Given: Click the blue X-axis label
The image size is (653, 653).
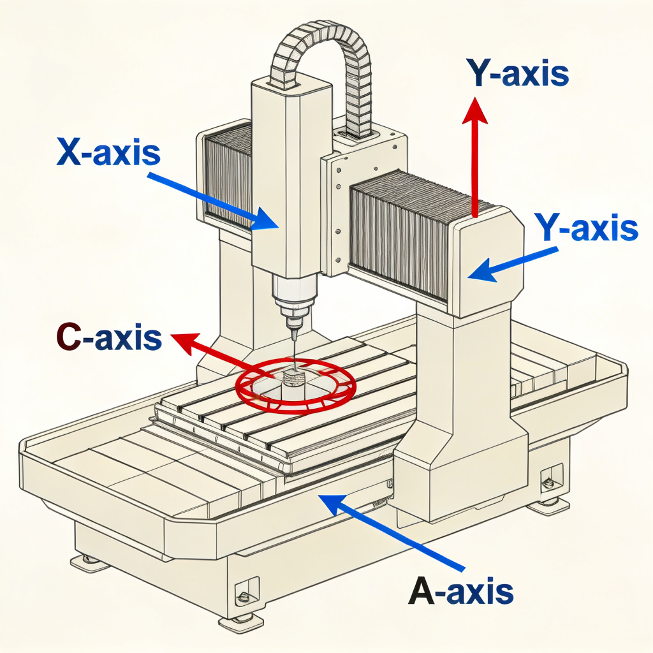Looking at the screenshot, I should point(109,152).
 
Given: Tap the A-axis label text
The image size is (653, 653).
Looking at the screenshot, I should point(460,590).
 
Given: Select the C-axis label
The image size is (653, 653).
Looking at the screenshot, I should point(109,338).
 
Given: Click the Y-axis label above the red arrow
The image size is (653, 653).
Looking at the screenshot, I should point(517,73).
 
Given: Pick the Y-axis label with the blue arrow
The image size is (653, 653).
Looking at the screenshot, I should point(586,228).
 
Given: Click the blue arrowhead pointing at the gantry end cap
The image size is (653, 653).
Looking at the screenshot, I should point(478,273).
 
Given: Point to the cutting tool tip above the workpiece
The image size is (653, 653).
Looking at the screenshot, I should point(294,337).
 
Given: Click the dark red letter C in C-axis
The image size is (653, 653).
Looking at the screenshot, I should point(69,339).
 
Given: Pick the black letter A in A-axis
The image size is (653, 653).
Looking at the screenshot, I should point(422,590).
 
